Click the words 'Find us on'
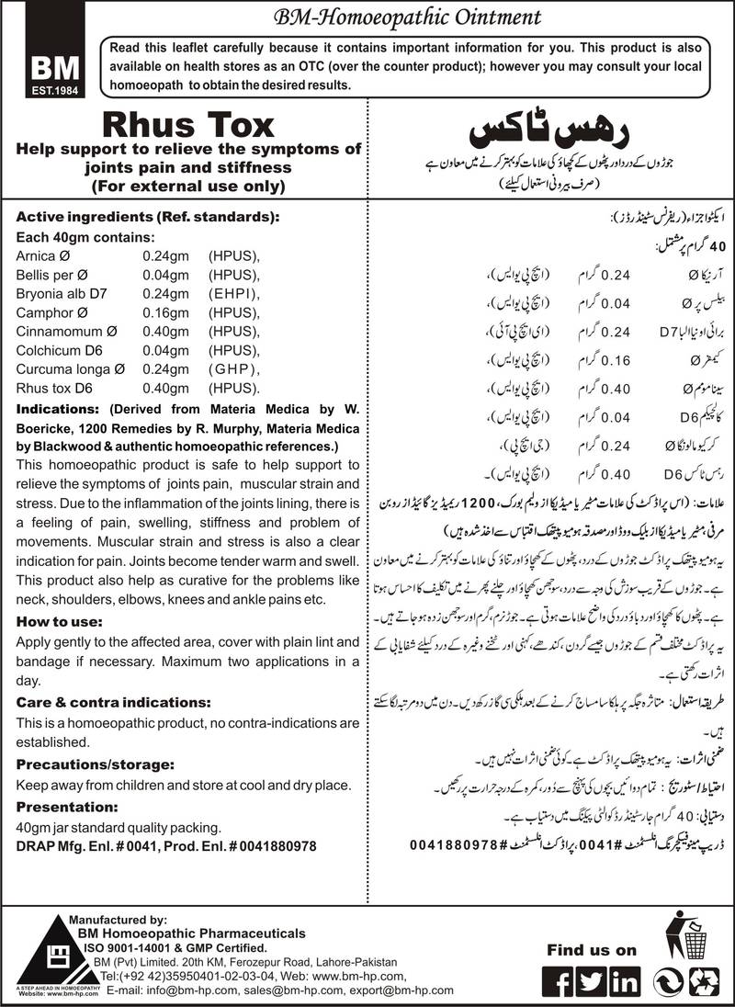pyautogui.click(x=591, y=950)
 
